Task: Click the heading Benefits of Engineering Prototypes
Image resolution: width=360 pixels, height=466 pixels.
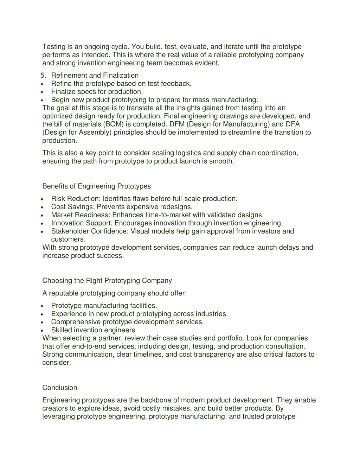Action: pyautogui.click(x=96, y=186)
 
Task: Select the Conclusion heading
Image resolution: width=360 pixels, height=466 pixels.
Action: pyautogui.click(x=59, y=388)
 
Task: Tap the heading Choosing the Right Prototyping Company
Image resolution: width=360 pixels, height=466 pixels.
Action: pyautogui.click(x=107, y=280)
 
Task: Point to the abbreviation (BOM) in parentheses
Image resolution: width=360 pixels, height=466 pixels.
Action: pyautogui.click(x=113, y=124)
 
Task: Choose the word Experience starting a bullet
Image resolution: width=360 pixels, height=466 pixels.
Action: pyautogui.click(x=69, y=314)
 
